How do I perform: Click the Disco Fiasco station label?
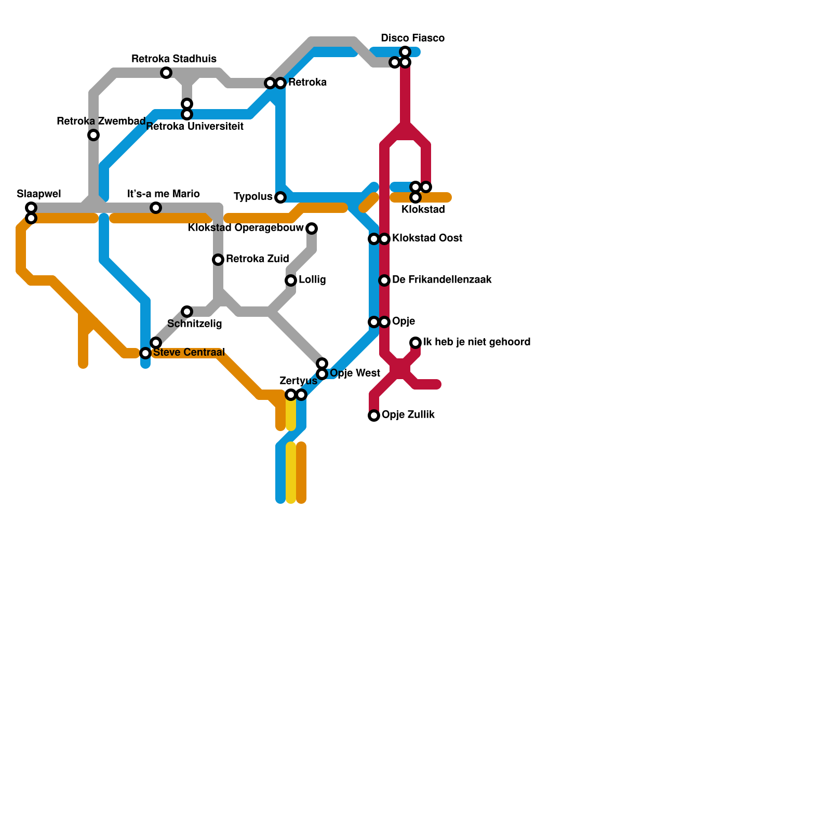click(412, 38)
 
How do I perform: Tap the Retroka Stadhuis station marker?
click(166, 73)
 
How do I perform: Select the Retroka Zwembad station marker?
click(93, 135)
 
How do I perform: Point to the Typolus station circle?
click(280, 197)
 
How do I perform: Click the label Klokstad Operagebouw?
click(246, 228)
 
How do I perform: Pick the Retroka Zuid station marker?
click(218, 260)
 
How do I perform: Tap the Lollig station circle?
click(291, 280)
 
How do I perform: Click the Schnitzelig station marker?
click(187, 312)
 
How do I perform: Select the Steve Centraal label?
click(189, 353)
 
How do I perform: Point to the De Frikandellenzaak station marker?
click(384, 280)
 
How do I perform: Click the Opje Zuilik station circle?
click(374, 415)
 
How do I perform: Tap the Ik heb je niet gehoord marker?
click(415, 343)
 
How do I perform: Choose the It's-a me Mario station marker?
click(156, 208)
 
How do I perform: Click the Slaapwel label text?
click(39, 194)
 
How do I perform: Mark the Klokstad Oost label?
click(427, 238)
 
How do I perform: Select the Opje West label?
click(355, 373)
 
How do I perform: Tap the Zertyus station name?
click(298, 381)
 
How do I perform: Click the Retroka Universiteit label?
click(195, 126)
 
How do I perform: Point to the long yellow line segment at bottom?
click(291, 473)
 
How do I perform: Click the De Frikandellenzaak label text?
click(441, 280)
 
